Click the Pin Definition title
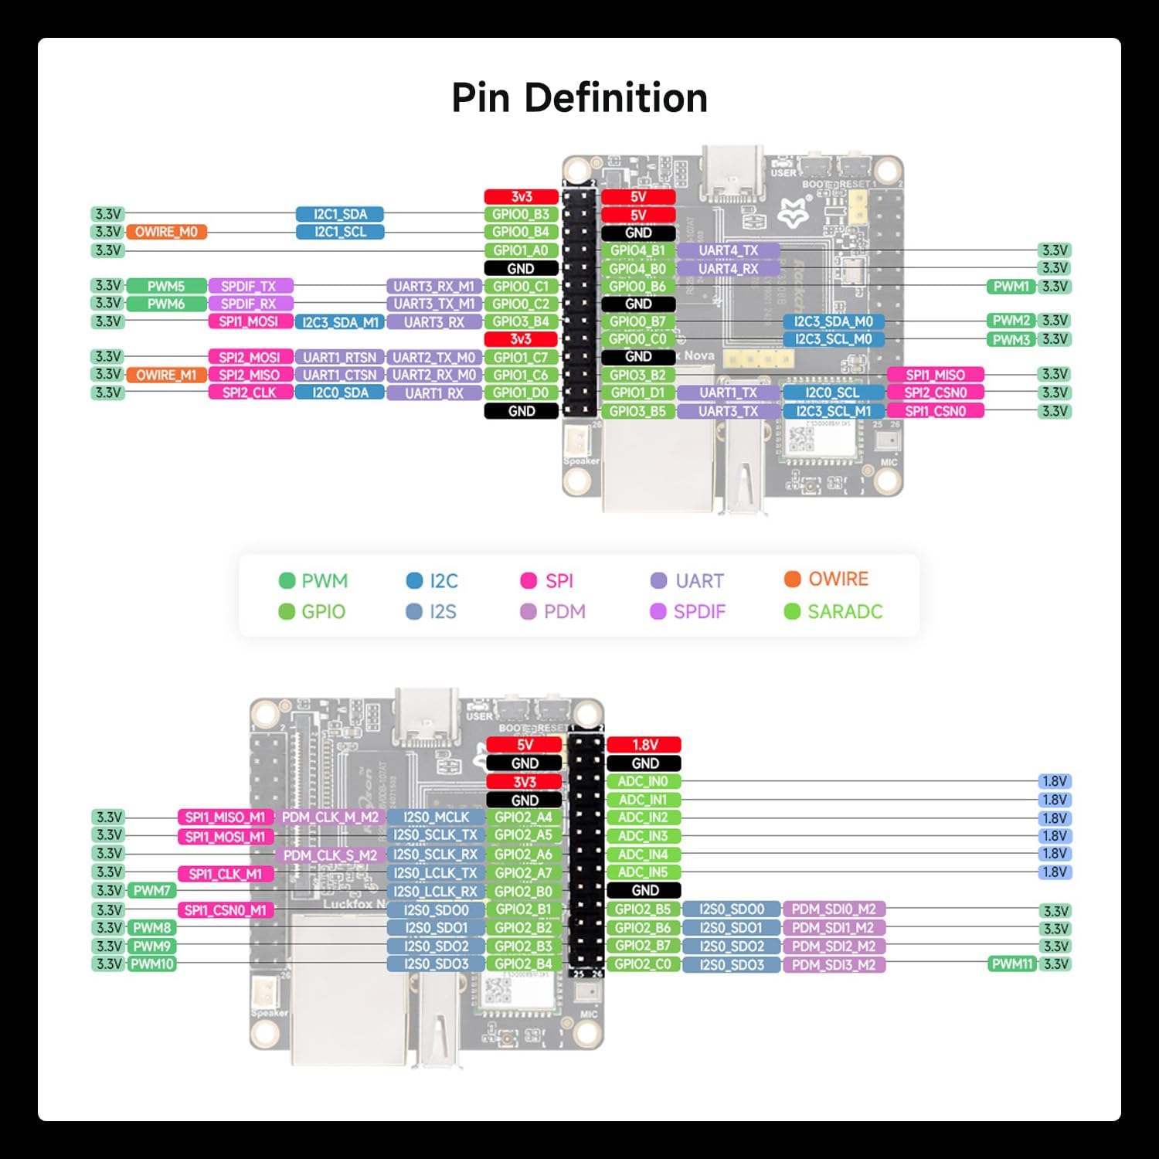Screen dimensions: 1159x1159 click(x=579, y=98)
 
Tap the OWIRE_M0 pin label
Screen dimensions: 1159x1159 click(x=166, y=232)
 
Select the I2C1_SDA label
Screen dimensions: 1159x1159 click(x=340, y=214)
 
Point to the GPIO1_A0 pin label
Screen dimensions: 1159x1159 click(x=521, y=250)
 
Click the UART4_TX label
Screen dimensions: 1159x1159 click(x=728, y=250)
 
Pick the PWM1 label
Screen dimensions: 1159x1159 click(x=1011, y=287)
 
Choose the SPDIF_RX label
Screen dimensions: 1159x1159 click(x=248, y=304)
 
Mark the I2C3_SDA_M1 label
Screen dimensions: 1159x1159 click(x=340, y=322)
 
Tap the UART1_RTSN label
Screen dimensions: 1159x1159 click(x=340, y=358)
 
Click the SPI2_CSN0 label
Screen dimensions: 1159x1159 click(x=935, y=393)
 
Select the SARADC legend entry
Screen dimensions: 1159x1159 click(x=834, y=611)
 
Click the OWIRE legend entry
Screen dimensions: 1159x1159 click(x=827, y=579)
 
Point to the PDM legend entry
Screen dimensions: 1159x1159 click(x=553, y=611)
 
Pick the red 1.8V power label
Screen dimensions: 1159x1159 click(x=644, y=745)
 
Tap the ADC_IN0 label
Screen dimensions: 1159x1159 click(x=643, y=781)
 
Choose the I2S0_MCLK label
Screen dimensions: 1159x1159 click(x=436, y=817)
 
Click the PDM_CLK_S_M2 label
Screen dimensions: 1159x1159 click(x=330, y=855)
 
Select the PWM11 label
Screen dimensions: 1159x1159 click(x=1011, y=964)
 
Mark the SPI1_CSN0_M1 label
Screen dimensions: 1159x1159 click(x=225, y=910)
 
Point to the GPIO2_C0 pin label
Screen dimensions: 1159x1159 click(x=643, y=964)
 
